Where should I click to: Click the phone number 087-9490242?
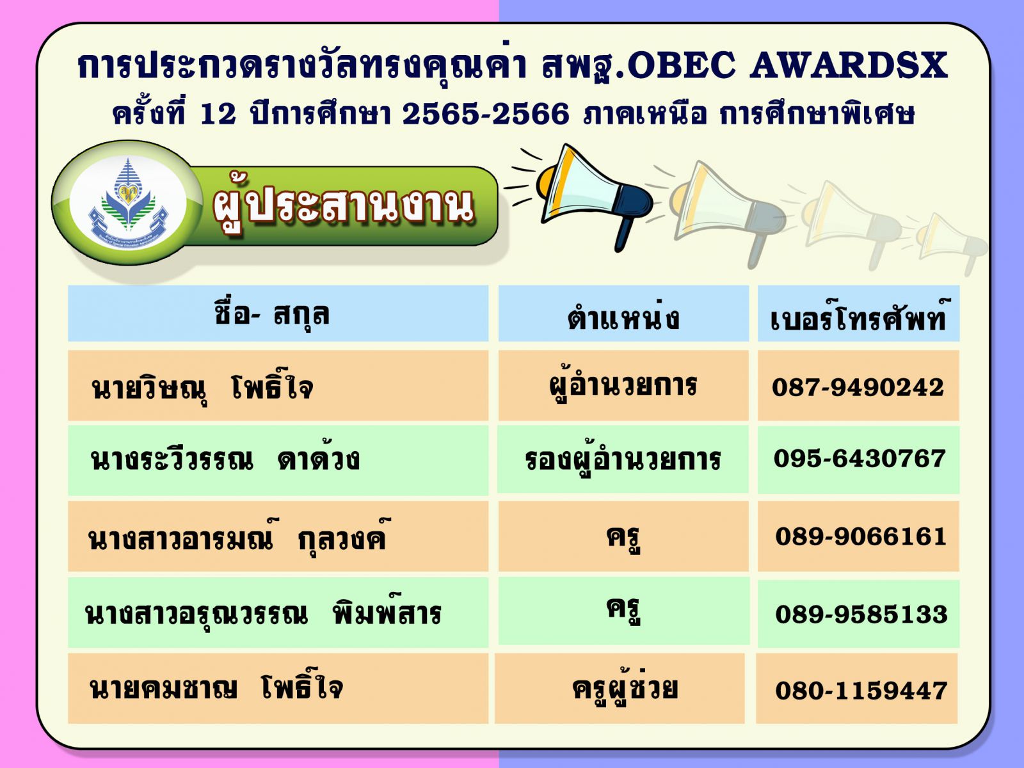coord(858,387)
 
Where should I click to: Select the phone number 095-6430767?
coord(859,458)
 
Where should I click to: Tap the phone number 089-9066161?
coord(860,536)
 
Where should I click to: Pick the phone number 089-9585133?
coord(861,614)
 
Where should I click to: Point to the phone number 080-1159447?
coord(861,691)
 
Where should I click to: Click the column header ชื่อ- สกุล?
coord(272,314)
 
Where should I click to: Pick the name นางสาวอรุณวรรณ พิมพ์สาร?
coord(262,614)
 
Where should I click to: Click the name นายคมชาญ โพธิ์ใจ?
coord(216,688)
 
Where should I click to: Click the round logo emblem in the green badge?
coord(128,204)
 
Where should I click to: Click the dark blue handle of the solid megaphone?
coord(625,234)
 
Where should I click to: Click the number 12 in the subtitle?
coord(218,115)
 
